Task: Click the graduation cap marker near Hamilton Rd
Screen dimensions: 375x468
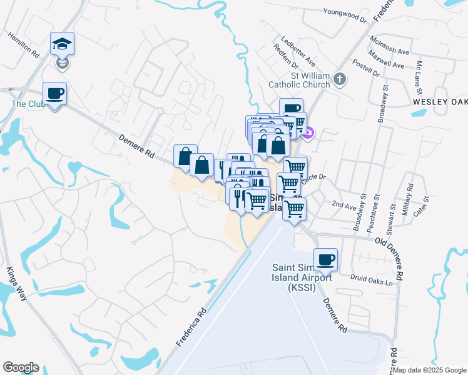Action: (x=62, y=44)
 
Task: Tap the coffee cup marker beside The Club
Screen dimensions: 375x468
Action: (x=54, y=94)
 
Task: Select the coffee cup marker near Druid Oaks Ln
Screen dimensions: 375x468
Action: (x=325, y=260)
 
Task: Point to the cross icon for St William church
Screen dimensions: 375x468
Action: (x=339, y=79)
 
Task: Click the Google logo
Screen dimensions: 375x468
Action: (x=21, y=367)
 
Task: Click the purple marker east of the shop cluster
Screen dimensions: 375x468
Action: (x=308, y=132)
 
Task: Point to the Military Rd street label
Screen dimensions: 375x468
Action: (x=410, y=197)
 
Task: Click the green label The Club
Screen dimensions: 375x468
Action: (x=23, y=104)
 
